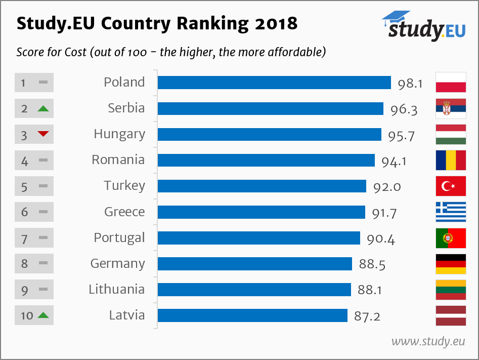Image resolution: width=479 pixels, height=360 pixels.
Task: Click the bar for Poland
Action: point(274,83)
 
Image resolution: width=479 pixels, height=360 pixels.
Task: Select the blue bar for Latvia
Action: point(252,315)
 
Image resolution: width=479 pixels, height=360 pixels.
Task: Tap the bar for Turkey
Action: point(262,186)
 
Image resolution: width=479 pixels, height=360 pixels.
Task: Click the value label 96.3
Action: point(404,109)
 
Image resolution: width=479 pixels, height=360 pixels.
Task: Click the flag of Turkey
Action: point(451,186)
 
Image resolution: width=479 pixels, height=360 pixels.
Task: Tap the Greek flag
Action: point(451,212)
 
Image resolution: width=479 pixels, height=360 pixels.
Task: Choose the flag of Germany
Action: point(451,264)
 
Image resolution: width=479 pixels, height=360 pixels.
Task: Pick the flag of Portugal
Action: point(451,238)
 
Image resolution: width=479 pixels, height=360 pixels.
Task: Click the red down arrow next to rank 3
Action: point(43,134)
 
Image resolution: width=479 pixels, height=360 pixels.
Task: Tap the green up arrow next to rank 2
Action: point(43,108)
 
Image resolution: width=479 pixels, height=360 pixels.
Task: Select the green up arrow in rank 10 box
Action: point(43,315)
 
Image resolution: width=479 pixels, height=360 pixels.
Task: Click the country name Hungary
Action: point(119,135)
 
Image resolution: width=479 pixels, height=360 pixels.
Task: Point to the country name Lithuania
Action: point(116,290)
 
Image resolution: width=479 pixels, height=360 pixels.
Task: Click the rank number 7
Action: point(24,238)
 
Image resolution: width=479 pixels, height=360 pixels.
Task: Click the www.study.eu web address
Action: point(428,341)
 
